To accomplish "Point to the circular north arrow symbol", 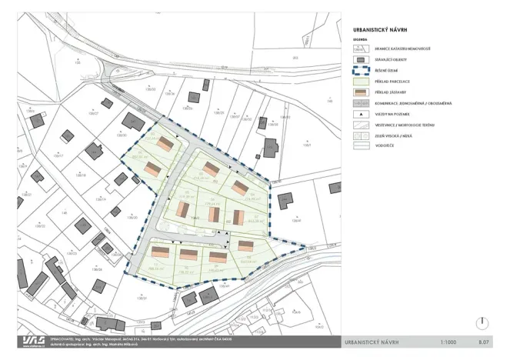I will click(482, 324).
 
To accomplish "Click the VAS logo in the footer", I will click(32, 341).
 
